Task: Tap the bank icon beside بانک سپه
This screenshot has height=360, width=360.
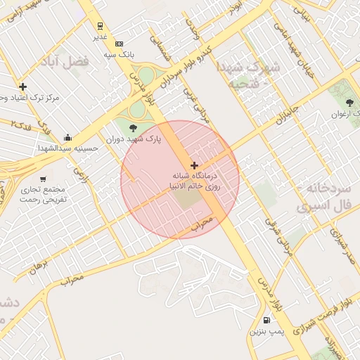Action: (x=118, y=43)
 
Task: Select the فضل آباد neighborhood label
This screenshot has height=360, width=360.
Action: (x=67, y=62)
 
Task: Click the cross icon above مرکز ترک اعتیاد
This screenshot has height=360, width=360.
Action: (x=23, y=86)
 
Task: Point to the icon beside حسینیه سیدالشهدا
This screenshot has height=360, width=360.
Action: (x=67, y=137)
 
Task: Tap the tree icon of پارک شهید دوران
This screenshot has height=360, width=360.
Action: (x=134, y=127)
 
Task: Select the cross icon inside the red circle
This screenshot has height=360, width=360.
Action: (x=195, y=165)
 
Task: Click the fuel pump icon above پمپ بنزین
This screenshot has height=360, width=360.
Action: (x=266, y=321)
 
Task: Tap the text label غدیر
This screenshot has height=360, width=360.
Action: (x=101, y=36)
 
